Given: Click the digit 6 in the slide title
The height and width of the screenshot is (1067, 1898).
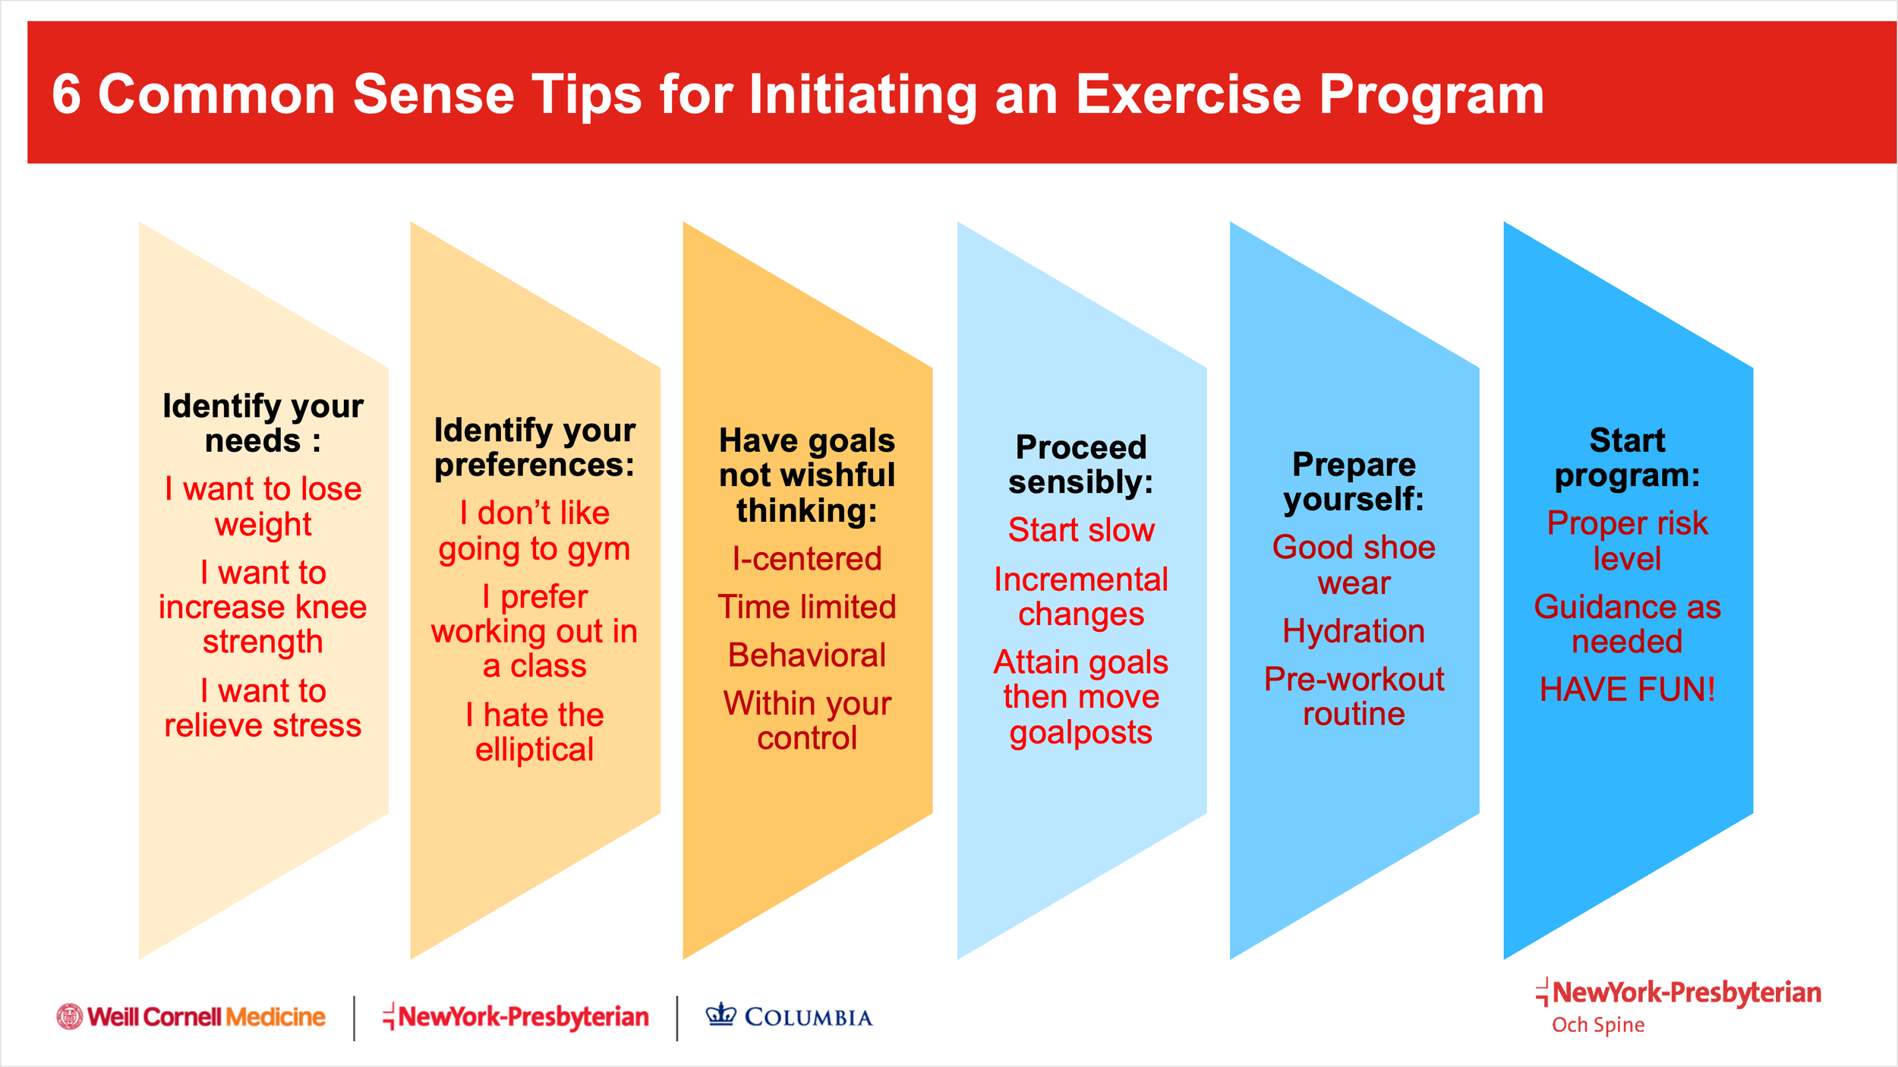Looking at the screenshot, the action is [67, 95].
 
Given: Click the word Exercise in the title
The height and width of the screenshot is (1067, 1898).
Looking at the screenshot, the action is [1188, 95].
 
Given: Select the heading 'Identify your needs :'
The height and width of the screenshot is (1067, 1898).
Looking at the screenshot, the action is [263, 423].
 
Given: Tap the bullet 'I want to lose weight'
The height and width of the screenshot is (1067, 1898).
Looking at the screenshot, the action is [263, 507].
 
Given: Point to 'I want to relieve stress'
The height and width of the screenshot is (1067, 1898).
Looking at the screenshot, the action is [263, 708].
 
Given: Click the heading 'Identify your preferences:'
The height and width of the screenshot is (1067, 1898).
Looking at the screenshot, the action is [534, 447].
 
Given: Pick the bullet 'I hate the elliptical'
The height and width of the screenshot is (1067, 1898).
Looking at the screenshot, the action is [534, 732].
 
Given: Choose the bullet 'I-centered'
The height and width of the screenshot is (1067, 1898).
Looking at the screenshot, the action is [807, 559].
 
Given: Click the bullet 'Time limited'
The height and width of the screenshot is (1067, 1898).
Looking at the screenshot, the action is [807, 607].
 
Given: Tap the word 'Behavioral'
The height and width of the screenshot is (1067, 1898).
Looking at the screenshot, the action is [807, 655].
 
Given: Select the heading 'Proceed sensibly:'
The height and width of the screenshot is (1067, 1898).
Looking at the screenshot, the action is [1081, 464].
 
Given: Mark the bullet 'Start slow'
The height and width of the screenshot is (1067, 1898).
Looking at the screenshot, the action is [1081, 530].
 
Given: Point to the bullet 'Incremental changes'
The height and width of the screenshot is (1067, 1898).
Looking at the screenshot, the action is [1081, 597].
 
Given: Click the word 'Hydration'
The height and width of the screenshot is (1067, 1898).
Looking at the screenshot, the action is [1354, 631].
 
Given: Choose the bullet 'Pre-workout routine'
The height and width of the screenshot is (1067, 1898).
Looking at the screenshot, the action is [1354, 696].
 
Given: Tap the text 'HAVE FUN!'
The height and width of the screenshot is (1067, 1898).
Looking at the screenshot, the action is [1627, 690].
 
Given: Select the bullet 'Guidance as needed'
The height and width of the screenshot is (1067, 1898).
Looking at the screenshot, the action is [1627, 624].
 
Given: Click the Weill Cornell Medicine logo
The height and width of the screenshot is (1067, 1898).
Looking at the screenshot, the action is [191, 1017].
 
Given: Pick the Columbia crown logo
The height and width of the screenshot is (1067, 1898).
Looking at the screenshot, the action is [720, 1014].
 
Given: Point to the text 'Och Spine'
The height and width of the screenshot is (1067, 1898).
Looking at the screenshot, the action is [1598, 1024].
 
